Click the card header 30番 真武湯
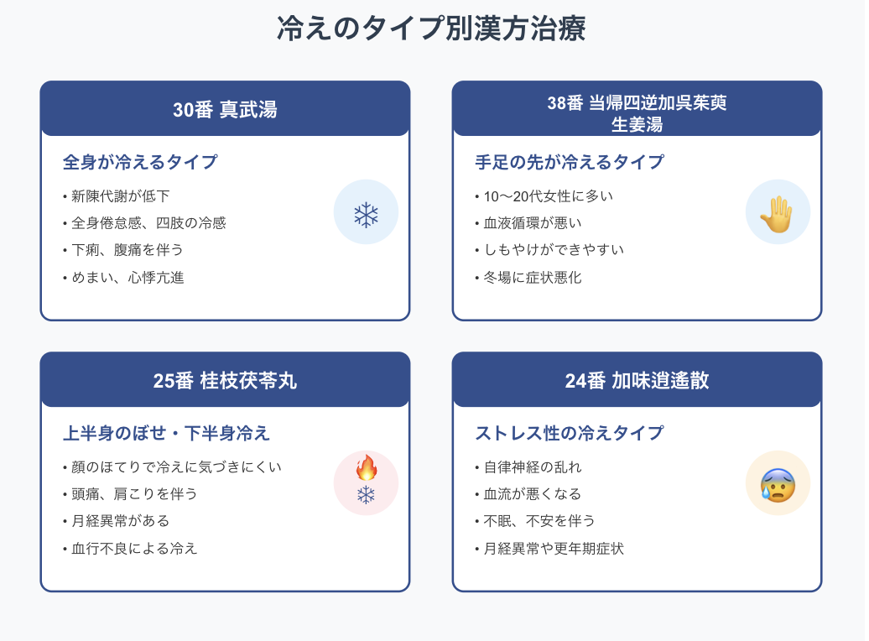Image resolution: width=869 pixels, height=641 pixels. click(x=225, y=109)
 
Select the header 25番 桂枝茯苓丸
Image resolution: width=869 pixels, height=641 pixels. click(x=225, y=380)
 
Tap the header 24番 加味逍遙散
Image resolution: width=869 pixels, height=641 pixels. click(x=637, y=380)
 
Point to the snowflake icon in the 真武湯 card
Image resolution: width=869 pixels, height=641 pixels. click(x=366, y=215)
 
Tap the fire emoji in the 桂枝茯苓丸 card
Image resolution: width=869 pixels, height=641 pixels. click(x=367, y=468)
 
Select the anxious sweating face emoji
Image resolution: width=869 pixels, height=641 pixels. click(x=778, y=484)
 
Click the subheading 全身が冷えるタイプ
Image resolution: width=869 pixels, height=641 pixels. click(x=140, y=162)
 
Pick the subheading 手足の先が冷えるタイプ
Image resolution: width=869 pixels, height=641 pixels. click(x=570, y=162)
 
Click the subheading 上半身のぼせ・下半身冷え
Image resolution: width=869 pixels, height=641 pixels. click(x=167, y=433)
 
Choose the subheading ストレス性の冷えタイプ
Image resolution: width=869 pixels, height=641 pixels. click(x=570, y=433)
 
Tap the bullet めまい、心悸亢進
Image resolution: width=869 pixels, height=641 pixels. click(x=127, y=277)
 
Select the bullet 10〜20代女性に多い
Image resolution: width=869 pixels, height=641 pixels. click(x=548, y=196)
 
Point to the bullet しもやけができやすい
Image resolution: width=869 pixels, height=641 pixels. click(x=553, y=250)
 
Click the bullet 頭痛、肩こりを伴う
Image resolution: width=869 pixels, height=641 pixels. click(x=134, y=494)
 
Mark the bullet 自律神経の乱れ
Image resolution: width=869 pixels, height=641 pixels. click(x=533, y=467)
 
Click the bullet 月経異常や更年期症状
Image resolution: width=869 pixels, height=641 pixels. click(x=553, y=548)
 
